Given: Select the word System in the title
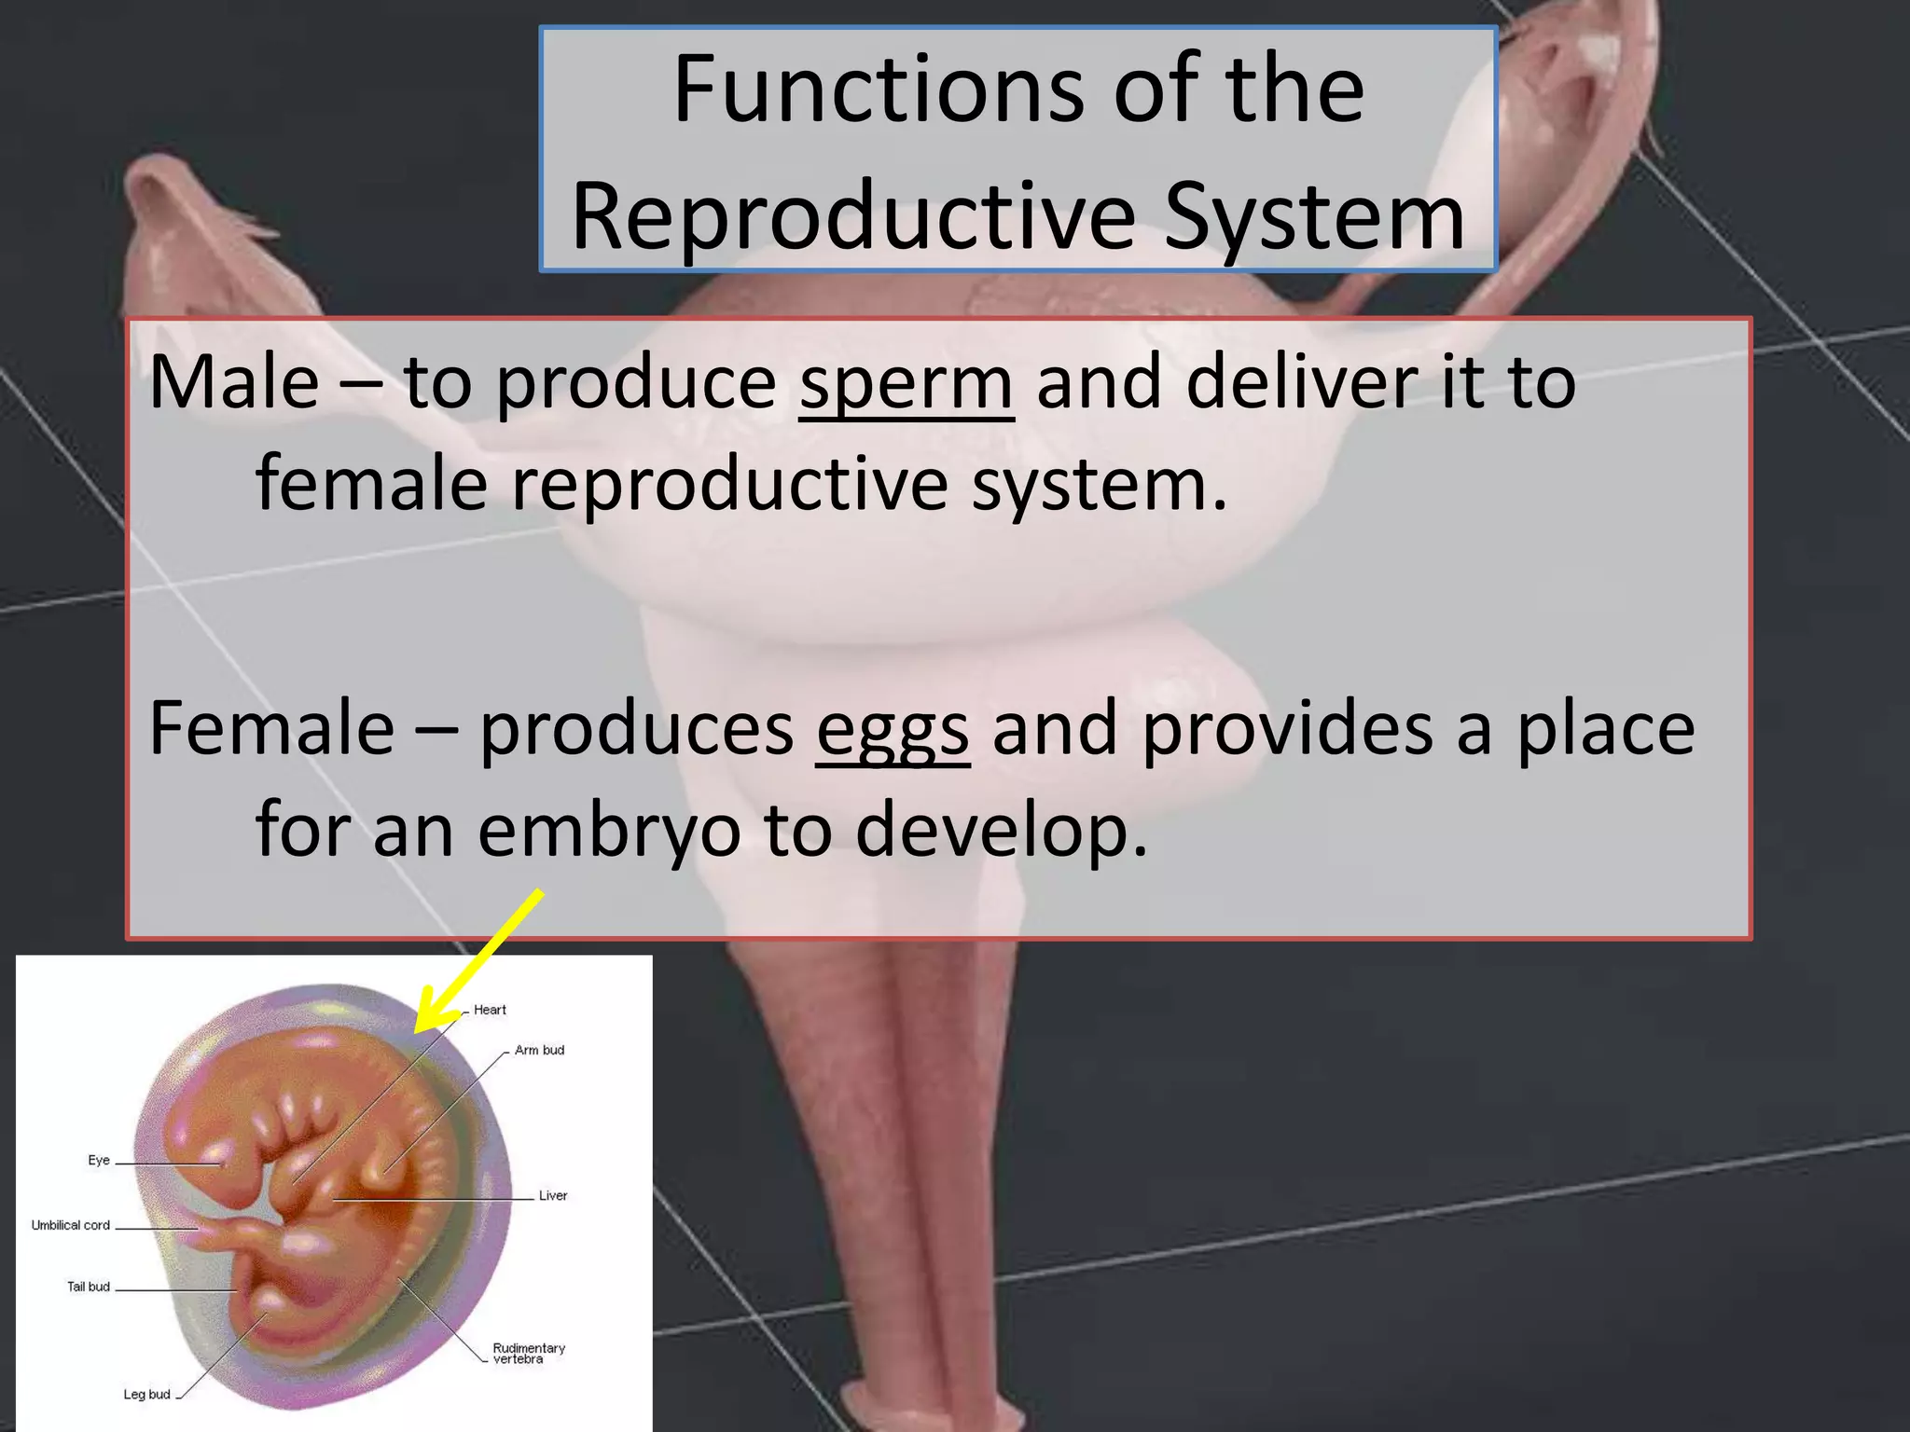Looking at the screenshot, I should (1314, 216).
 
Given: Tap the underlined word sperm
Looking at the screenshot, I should (906, 381).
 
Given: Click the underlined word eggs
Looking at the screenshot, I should (893, 729).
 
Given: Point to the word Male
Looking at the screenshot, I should (234, 381).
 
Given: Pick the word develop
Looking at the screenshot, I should (1001, 829).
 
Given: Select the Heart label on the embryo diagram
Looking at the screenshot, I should (490, 1010).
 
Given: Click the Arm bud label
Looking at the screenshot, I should (539, 1050).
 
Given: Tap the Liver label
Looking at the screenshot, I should (553, 1195).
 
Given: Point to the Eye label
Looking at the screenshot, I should (99, 1160).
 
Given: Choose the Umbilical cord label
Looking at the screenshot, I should (71, 1225).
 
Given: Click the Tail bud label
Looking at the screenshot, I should (89, 1287).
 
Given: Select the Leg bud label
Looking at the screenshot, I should (147, 1395).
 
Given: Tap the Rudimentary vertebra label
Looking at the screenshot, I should (529, 1354).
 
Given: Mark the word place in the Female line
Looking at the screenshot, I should (1605, 729).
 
